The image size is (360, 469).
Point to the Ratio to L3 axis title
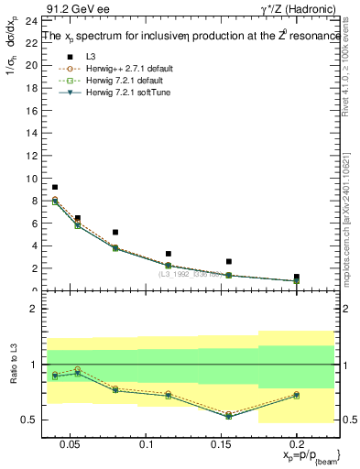point(11,365)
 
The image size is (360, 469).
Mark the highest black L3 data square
point(55,187)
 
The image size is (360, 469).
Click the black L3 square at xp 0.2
point(297,277)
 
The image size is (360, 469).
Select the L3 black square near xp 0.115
point(169,254)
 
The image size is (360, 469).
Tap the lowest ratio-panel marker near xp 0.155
point(229,415)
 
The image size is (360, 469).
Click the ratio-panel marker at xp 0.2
point(297,395)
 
